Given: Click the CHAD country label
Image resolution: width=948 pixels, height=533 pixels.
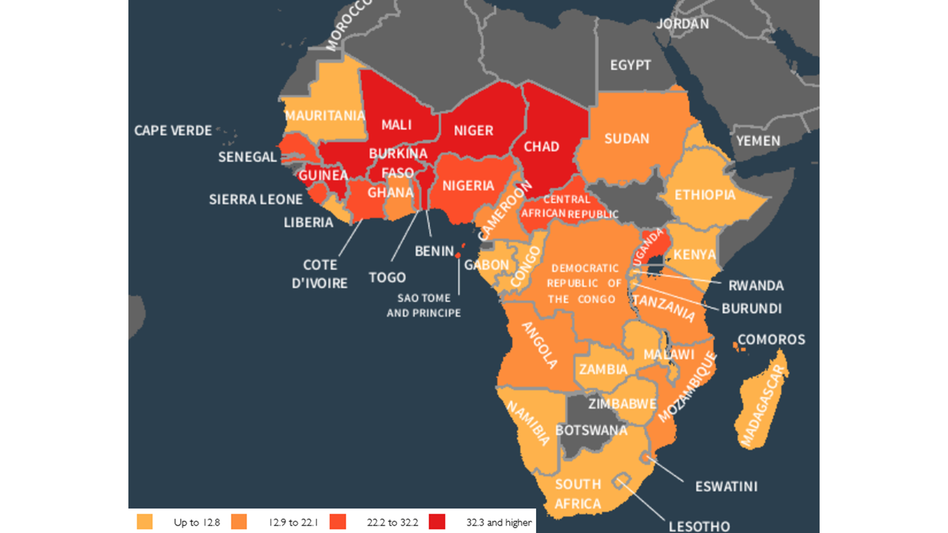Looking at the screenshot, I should (541, 147).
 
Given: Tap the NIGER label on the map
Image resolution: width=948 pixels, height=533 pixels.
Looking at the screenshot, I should (473, 131).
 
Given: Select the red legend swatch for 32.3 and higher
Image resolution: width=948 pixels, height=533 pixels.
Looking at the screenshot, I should (437, 522).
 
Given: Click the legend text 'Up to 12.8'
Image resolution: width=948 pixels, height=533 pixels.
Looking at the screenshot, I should (197, 522).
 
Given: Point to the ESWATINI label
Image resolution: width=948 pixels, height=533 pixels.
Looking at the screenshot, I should (726, 486).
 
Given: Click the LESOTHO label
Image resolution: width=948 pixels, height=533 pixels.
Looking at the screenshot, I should (699, 526).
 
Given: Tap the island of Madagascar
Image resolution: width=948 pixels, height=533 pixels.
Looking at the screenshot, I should (760, 407).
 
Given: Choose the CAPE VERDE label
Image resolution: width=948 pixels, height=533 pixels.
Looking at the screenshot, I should (173, 131).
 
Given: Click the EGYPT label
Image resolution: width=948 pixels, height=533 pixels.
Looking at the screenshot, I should (630, 65).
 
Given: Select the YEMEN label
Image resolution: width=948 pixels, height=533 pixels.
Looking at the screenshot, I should (758, 141).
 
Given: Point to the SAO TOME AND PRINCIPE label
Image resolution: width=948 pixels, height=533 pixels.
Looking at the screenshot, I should (423, 306).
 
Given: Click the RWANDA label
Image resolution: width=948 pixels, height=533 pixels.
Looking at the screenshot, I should (756, 285).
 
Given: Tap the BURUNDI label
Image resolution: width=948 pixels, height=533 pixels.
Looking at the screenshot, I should (751, 308).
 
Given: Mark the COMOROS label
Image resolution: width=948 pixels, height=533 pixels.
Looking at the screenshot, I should (771, 340).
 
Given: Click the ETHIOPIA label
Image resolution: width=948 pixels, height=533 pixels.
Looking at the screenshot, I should (705, 195).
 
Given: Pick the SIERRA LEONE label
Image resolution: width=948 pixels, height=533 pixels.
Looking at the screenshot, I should (256, 199).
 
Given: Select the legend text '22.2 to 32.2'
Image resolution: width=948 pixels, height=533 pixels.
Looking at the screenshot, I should (392, 522).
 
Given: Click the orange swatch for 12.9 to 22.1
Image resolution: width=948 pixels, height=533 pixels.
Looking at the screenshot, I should (239, 522).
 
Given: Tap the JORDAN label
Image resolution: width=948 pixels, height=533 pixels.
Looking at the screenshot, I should (683, 24).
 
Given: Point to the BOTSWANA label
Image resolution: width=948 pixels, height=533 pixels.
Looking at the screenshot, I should (591, 430).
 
